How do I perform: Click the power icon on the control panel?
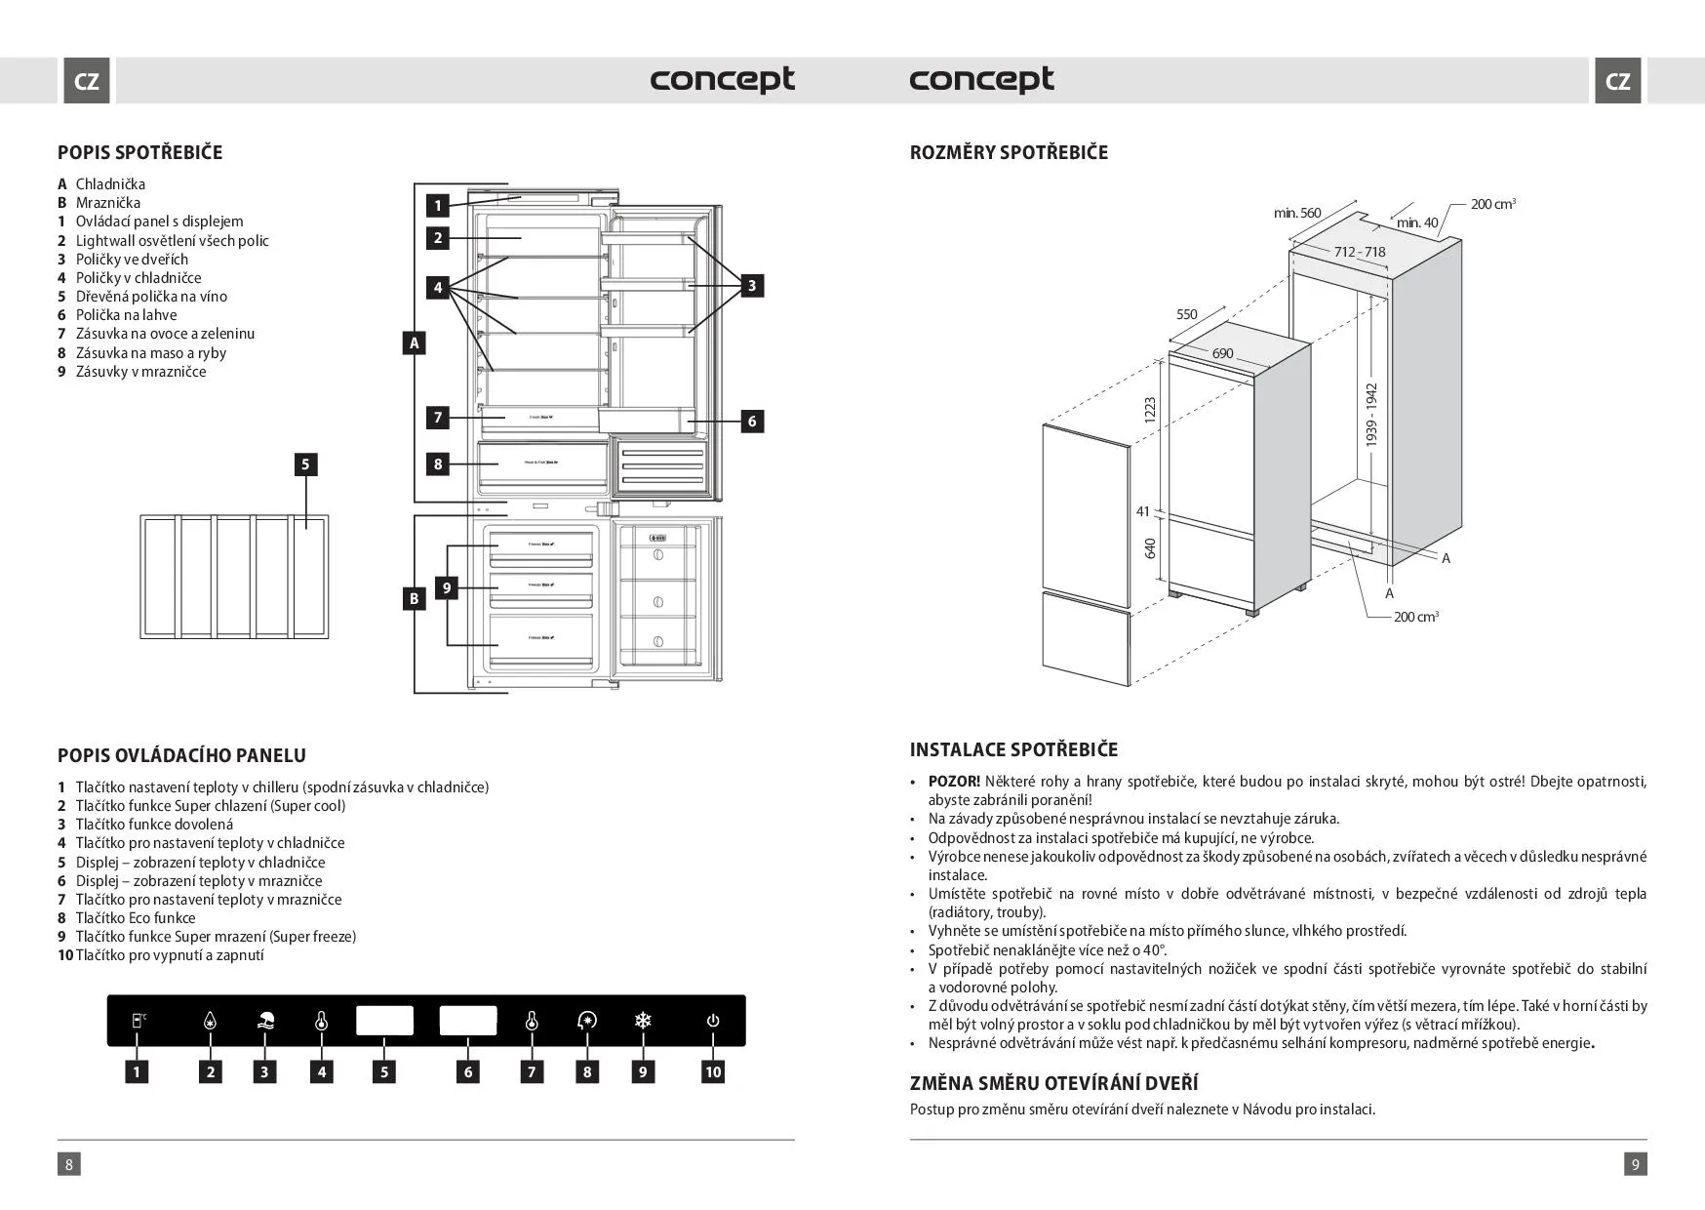[713, 1021]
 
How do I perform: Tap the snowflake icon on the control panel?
[643, 1021]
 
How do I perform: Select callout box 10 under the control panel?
[713, 1071]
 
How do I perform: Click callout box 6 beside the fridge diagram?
[751, 421]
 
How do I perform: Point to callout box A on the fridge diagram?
[415, 343]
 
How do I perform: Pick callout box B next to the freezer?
[415, 598]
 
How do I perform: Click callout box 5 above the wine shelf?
[305, 464]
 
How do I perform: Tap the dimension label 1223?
[1149, 410]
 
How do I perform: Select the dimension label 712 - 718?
[1360, 252]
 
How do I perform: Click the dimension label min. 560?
[1296, 213]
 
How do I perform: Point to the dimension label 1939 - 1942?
[1371, 415]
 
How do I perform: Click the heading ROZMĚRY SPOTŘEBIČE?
[1009, 152]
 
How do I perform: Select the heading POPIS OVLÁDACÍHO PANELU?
[181, 755]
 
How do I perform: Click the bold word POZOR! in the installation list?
[954, 782]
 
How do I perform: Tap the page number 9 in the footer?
[1635, 1163]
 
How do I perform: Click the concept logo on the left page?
[722, 80]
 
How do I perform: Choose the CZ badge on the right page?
[1617, 81]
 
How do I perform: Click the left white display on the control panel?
[384, 1021]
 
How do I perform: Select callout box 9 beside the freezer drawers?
[447, 587]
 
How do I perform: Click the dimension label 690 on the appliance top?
[1222, 353]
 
